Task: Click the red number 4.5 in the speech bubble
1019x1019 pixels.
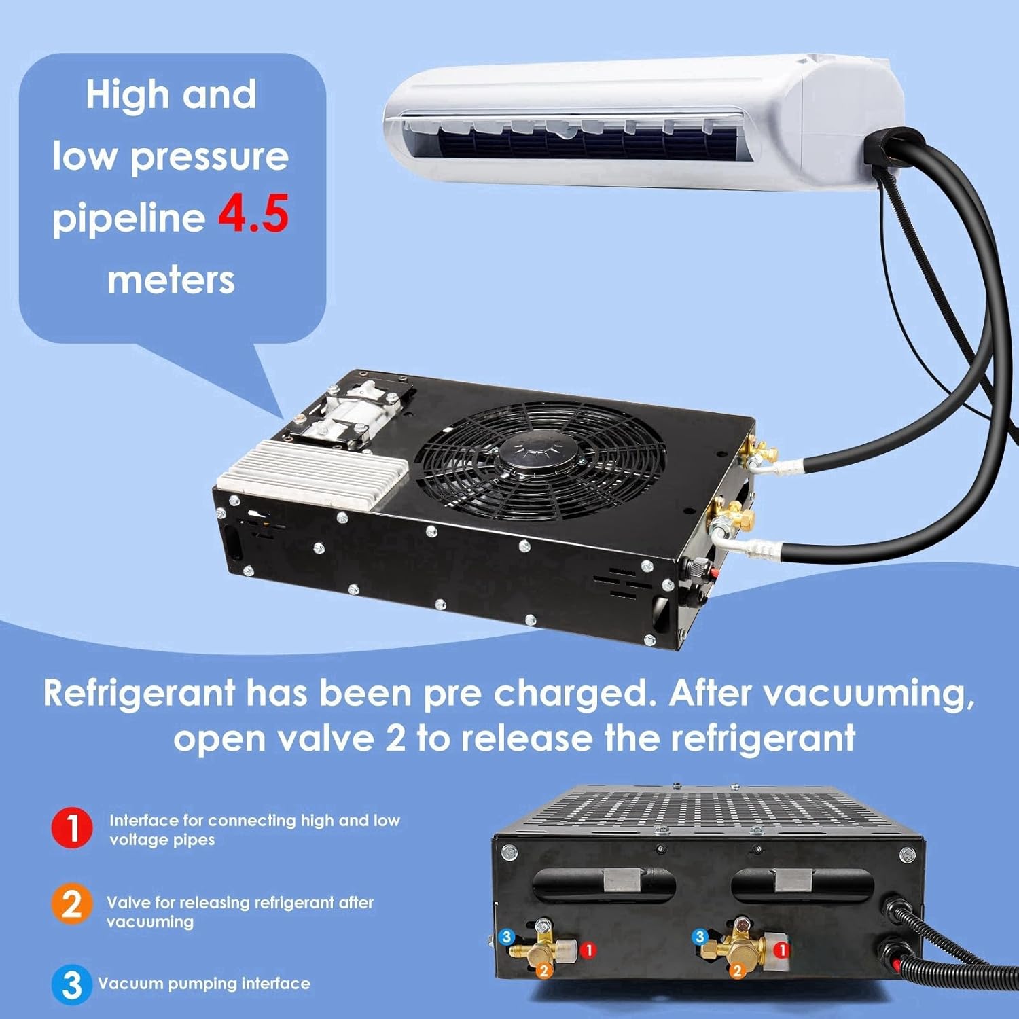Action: click(x=253, y=214)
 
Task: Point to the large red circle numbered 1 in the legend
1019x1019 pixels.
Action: click(x=71, y=828)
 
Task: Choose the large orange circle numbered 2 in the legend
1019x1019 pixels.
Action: click(x=71, y=905)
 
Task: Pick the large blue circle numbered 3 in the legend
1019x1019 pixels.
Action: click(x=71, y=984)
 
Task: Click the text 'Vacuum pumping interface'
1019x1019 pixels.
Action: click(x=204, y=984)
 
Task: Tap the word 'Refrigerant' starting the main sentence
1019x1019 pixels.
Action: click(x=139, y=694)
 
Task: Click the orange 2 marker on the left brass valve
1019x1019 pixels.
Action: click(x=543, y=971)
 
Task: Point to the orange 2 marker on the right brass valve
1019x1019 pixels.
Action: click(x=737, y=971)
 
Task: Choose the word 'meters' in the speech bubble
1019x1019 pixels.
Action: click(x=171, y=280)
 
